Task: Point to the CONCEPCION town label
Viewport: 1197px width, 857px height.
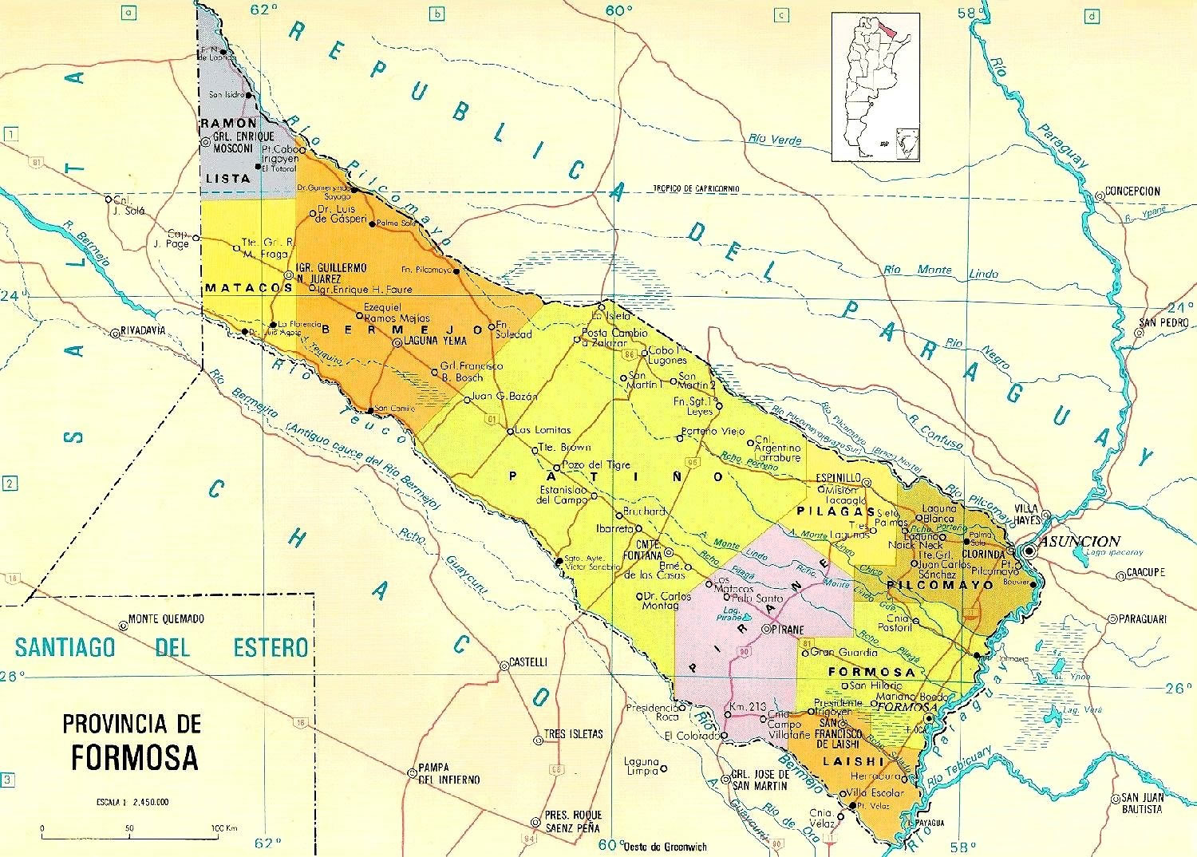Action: [1132, 192]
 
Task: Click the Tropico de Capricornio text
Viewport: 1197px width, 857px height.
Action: [697, 188]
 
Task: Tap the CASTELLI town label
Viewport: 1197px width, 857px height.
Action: [528, 662]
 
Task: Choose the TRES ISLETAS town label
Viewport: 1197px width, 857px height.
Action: [573, 734]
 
